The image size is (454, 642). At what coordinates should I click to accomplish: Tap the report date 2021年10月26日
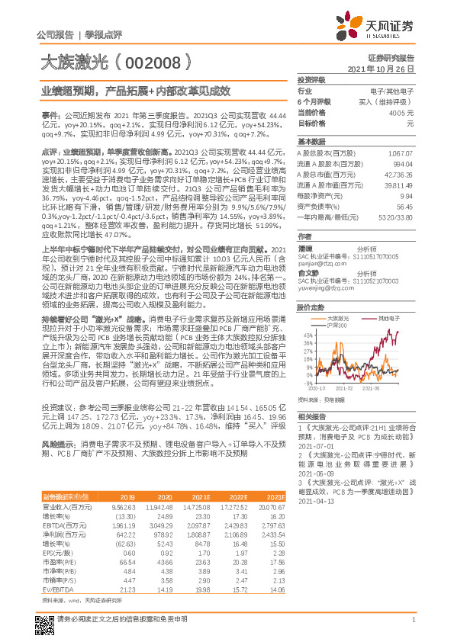pos(386,69)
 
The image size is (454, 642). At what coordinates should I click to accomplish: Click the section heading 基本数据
pos(311,142)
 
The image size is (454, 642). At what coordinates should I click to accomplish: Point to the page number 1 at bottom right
pos(412,627)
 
